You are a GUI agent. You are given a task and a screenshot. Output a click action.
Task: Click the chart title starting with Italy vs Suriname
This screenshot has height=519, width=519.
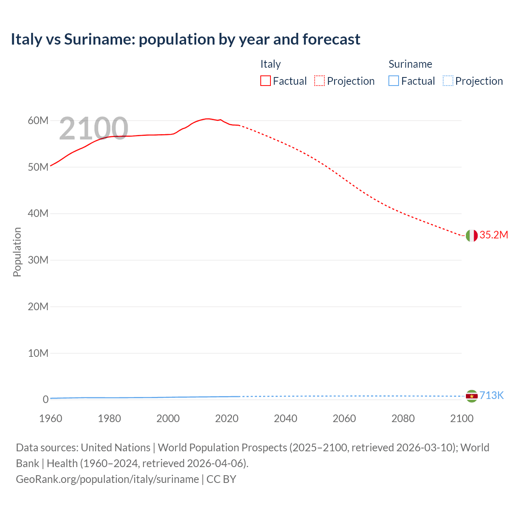[x=185, y=39]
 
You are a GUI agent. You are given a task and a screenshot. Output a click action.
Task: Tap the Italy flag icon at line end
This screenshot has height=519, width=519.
[x=472, y=235]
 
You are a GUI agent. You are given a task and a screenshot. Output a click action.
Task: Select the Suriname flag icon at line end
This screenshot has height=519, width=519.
[x=472, y=396]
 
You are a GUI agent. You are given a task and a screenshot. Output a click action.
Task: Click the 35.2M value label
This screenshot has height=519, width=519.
[x=493, y=235]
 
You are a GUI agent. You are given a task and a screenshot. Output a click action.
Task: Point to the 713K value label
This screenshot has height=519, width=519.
[x=491, y=396]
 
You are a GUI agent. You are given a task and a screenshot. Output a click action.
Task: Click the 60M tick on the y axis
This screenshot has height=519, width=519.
[x=38, y=121]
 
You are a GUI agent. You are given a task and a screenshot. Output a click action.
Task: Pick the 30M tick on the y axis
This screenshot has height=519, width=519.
[x=38, y=260]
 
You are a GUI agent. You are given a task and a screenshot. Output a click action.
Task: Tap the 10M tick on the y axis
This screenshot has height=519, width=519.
[x=38, y=353]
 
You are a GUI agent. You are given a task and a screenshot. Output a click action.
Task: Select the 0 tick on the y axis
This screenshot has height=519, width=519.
[x=45, y=400]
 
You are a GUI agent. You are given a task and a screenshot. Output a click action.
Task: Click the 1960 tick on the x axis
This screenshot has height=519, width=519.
[x=51, y=419]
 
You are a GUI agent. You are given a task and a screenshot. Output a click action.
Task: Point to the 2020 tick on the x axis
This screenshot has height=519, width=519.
[x=227, y=419]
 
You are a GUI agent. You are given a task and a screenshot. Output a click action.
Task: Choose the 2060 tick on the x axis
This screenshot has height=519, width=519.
[x=344, y=419]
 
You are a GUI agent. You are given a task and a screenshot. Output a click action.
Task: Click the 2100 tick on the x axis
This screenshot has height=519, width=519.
[x=461, y=419]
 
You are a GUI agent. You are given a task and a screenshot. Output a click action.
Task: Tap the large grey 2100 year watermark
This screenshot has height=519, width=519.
[x=94, y=129]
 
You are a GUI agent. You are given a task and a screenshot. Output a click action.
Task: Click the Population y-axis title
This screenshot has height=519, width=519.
[x=17, y=252]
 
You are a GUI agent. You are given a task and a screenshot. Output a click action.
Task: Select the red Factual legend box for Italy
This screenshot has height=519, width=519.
[x=266, y=81]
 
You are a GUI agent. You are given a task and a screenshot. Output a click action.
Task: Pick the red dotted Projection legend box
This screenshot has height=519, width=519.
[x=320, y=81]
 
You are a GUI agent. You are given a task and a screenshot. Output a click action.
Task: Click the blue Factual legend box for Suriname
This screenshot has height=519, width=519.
[x=394, y=81]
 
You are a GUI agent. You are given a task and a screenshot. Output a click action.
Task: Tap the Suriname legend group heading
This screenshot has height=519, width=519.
[x=410, y=64]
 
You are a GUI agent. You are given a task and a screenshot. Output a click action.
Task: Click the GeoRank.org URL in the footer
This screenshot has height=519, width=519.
[x=107, y=479]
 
